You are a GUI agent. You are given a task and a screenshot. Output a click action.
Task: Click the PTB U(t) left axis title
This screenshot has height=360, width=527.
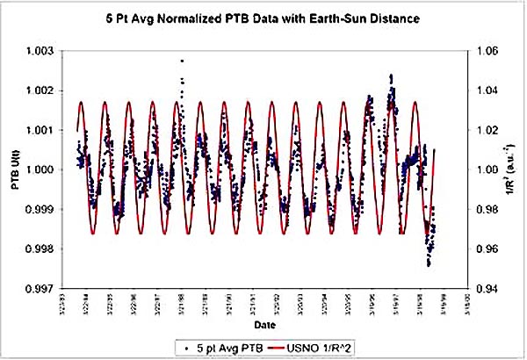click(18, 169)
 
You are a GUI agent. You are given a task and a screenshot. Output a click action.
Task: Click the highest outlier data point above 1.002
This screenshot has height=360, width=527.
click(182, 61)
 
